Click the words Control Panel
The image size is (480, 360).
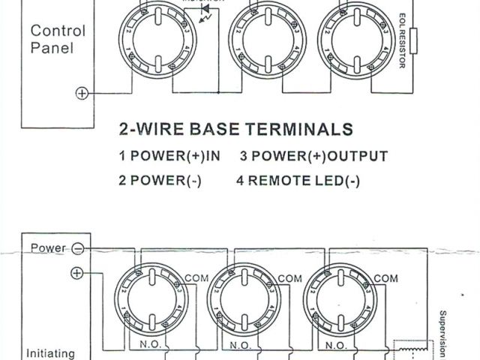coord(58,40)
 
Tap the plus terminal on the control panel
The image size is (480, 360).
coord(82,93)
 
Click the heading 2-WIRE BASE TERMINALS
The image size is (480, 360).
coord(236,129)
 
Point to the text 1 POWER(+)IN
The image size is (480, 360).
coord(170,157)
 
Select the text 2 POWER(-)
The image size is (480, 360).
coord(160,181)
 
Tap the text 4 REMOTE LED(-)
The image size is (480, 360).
coord(298,181)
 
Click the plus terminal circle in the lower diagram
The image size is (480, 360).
coord(76,273)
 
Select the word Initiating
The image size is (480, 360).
coord(50,351)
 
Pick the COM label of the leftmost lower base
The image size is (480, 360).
coord(193,278)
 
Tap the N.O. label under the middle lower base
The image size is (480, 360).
coord(241,346)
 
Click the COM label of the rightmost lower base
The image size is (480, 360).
coord(385,278)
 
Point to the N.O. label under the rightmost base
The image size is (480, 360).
coord(336,346)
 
